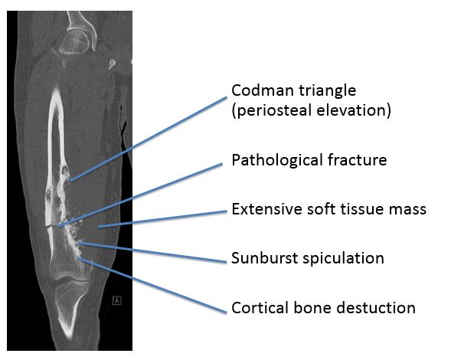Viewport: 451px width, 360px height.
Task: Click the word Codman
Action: tap(263, 90)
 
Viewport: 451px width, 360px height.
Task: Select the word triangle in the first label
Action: tap(328, 91)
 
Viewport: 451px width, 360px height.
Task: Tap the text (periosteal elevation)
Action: tap(312, 110)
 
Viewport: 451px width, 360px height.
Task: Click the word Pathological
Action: tap(277, 160)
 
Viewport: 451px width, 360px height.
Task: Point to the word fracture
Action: tap(358, 160)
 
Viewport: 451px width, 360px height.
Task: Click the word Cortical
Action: tap(260, 308)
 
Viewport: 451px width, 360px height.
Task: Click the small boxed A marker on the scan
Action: tap(117, 300)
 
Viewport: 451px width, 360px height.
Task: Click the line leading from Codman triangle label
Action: tap(149, 139)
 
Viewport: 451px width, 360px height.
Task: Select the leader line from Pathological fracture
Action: tap(140, 195)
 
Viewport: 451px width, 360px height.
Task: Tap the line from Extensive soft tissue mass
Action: tap(162, 219)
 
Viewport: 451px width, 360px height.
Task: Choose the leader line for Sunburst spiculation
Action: tap(152, 253)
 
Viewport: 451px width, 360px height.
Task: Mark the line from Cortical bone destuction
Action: tap(152, 285)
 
